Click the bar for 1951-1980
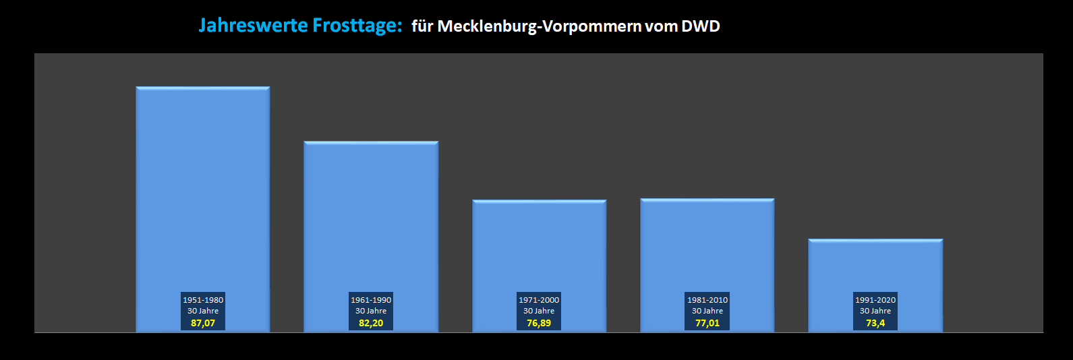202,189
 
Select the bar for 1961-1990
371,216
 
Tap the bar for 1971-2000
539,246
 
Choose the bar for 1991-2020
875,266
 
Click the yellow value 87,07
203,324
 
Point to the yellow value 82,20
371,324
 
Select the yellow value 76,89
539,324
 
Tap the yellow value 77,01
707,324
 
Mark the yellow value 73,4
875,324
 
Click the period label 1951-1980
203,300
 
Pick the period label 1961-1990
371,300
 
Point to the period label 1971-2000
539,300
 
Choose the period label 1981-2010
707,300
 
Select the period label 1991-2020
875,300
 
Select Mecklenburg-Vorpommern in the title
540,26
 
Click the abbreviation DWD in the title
701,26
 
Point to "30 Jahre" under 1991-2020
875,311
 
